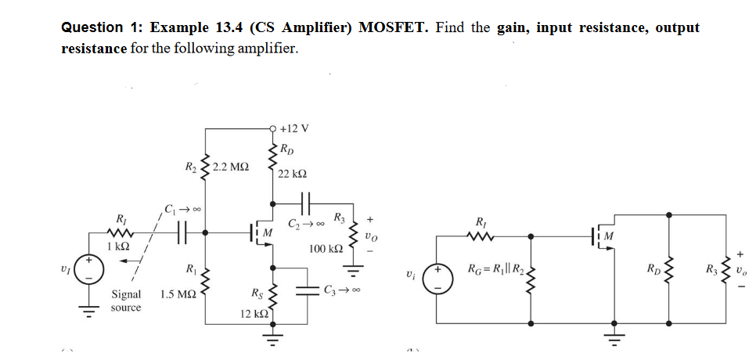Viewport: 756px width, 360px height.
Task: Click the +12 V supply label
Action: (295, 128)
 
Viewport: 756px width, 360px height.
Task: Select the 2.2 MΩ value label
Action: (230, 167)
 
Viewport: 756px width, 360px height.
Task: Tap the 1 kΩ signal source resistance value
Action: (119, 246)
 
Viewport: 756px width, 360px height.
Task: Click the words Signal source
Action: (126, 301)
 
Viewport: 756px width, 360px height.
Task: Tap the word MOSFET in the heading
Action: (393, 28)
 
